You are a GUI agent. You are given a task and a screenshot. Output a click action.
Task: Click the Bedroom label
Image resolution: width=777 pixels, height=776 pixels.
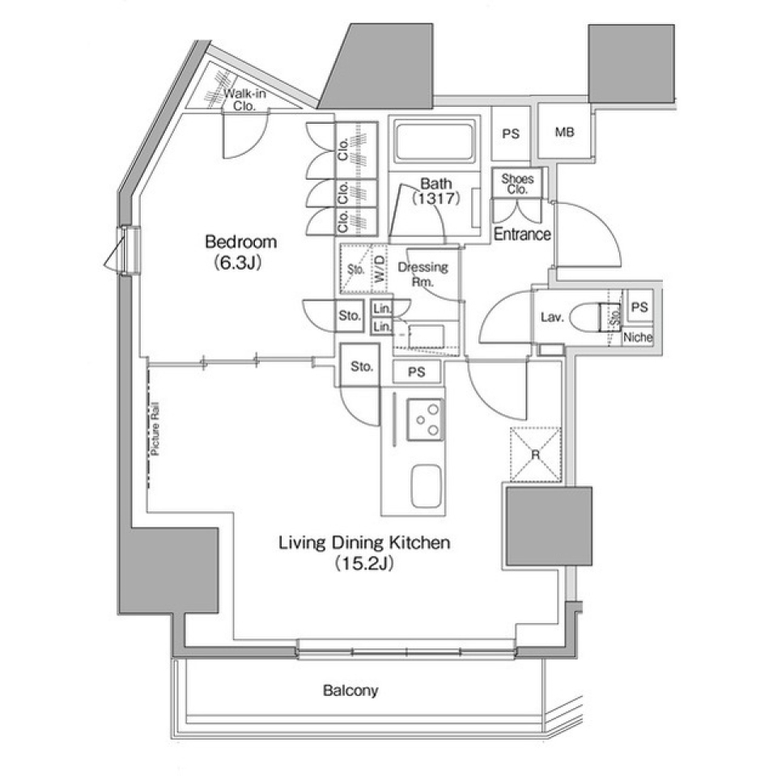pos(240,242)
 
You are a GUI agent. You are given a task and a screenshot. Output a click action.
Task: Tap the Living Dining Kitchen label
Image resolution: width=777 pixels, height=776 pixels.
pos(363,543)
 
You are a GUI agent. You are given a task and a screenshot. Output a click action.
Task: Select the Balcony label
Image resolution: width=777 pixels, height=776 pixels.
pos(350,691)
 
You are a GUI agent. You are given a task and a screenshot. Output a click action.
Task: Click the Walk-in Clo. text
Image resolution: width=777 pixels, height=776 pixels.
pos(244,99)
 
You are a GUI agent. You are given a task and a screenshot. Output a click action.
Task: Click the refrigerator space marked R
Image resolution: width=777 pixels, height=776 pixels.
pos(535,454)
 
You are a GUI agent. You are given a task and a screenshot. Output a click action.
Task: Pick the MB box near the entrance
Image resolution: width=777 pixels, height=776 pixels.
pos(564,133)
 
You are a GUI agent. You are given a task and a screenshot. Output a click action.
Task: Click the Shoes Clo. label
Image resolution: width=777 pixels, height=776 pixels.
pos(515,184)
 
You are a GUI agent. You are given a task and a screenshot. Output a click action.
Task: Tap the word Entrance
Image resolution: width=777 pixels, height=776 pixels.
pos(522,235)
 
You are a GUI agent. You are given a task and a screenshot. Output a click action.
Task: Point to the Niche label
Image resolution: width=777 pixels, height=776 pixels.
pos(638,338)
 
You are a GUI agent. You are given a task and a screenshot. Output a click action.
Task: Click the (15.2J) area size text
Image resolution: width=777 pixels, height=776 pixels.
pos(363,564)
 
